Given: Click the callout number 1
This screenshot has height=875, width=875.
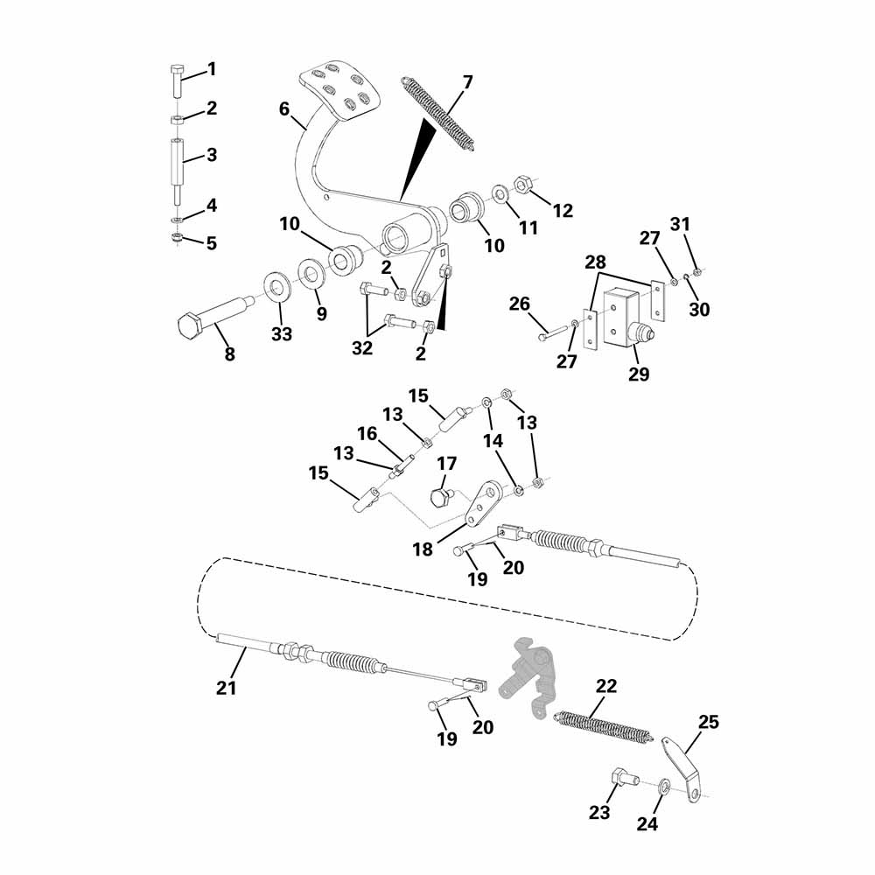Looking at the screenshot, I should (211, 69).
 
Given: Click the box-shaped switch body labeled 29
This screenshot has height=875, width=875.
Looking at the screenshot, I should (626, 316).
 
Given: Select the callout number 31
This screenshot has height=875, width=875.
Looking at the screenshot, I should (681, 223).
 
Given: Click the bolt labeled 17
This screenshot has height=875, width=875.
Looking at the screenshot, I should (439, 498).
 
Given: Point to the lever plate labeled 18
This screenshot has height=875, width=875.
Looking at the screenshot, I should (482, 502).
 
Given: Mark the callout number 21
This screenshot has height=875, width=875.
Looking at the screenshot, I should (227, 688).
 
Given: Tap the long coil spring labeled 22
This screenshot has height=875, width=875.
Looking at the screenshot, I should (605, 726).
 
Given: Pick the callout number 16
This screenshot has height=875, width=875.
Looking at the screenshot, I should (367, 433).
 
